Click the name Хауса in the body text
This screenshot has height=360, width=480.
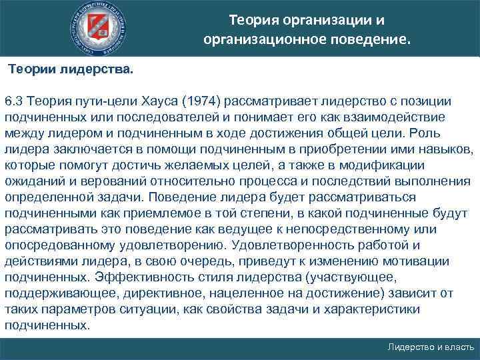click(158, 101)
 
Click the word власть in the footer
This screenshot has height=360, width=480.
click(459, 348)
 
